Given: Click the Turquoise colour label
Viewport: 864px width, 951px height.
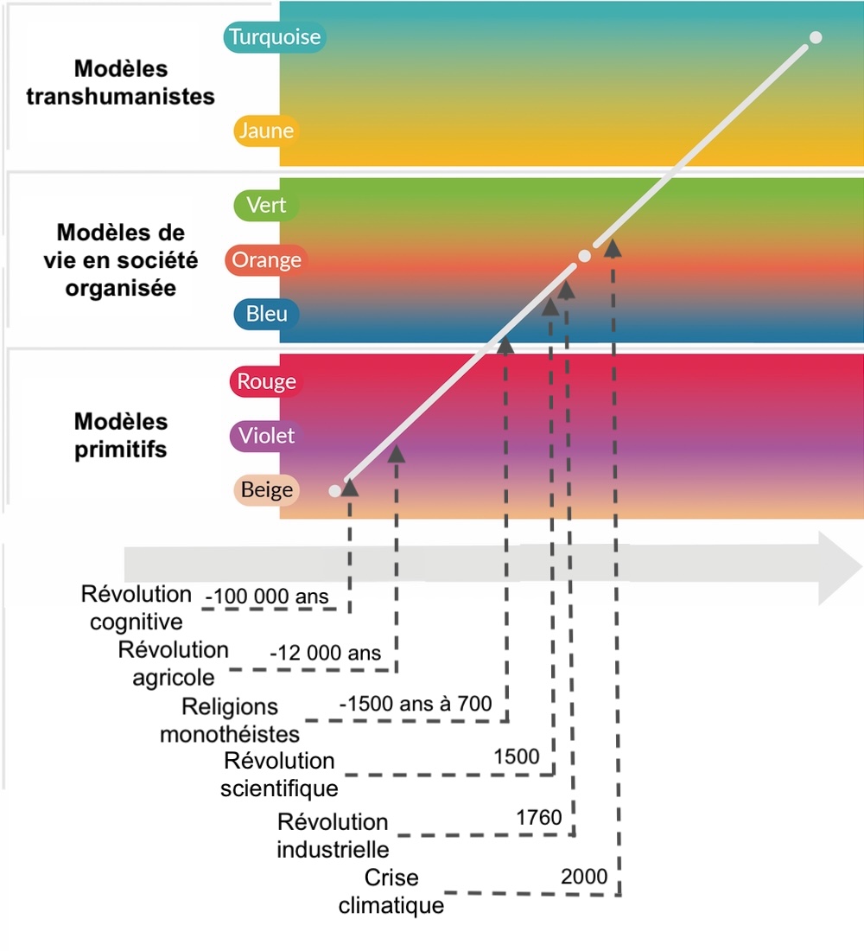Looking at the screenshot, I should coord(274,37).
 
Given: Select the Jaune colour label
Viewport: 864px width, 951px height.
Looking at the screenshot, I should coord(266,131).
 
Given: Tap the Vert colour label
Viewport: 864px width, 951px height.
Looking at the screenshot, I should coord(266,206).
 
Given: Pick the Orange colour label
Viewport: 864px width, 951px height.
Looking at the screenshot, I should coord(266,260).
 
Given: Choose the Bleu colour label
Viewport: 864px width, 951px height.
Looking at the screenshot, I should coord(266,314).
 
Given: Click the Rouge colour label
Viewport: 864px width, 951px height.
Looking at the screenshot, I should coord(266,382).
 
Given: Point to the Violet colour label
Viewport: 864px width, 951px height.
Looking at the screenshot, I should coord(266,436).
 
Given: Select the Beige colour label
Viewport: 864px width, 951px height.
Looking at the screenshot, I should coord(266,490).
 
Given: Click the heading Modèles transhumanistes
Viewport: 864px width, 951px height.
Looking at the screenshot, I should coord(120,82).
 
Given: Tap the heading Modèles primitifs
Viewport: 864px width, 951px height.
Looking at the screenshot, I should coord(120,436).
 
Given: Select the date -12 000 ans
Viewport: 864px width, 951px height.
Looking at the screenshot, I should coord(325,654).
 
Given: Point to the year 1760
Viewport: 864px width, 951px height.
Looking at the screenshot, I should coord(539,817).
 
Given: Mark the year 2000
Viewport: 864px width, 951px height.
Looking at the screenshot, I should coord(584,877).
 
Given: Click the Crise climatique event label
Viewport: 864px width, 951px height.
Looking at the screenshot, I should coord(391,891).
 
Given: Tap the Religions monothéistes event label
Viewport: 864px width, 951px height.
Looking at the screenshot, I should coord(230,720).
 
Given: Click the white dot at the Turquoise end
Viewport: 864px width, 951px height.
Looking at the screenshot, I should coord(815,37).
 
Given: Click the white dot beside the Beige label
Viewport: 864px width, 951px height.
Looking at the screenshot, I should coord(334,491).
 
